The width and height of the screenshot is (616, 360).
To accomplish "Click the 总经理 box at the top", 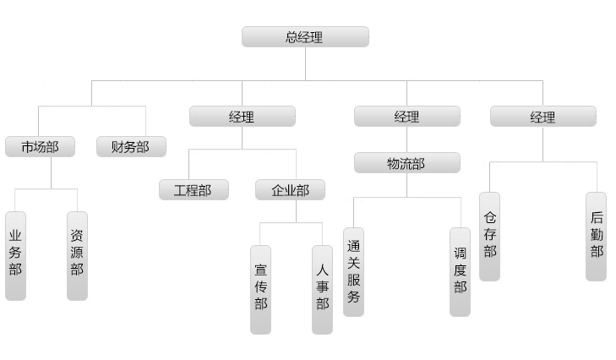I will point(305,37).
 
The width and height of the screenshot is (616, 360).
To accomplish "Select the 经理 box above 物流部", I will point(406,117).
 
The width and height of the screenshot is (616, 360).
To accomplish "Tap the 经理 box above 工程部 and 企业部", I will point(242,117).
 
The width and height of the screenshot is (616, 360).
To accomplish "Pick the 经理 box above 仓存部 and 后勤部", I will point(542,117).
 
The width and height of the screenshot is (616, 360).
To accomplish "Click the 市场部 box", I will point(40,147).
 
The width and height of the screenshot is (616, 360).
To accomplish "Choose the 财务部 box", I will point(130,147).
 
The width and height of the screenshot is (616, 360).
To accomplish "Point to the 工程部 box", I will point(194,190).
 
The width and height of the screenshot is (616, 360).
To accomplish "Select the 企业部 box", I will point(290,190).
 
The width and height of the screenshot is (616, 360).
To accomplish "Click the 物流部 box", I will point(406,163).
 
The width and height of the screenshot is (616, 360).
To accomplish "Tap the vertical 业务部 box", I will point(15,254).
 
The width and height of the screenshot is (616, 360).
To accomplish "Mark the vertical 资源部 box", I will point(77,254).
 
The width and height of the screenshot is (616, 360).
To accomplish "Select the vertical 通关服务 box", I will point(353,271).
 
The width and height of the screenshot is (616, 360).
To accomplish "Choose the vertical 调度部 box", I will point(460,271).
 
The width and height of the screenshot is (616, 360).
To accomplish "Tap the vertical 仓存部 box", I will point(489,236).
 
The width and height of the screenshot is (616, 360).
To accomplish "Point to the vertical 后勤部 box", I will point(596,236).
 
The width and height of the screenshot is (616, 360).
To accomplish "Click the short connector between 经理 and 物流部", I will point(406,139).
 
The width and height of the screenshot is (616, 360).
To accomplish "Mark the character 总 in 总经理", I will point(292,37).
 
